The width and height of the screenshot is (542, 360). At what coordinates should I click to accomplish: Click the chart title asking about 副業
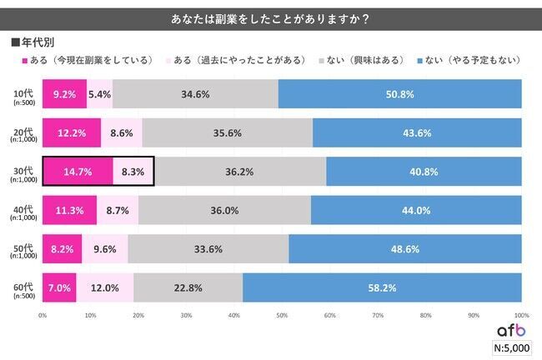tap(271, 17)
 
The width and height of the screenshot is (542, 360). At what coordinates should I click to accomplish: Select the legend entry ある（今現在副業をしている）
tap(84, 61)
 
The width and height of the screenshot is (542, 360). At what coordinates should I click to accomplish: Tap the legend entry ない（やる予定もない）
tap(473, 61)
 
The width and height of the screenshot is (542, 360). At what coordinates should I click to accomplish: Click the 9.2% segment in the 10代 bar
tap(64, 94)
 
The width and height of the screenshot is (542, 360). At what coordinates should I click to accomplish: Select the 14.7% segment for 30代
tap(78, 172)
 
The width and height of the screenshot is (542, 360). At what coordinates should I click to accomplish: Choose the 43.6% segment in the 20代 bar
tap(417, 132)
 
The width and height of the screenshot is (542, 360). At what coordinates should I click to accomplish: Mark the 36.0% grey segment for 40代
tap(224, 210)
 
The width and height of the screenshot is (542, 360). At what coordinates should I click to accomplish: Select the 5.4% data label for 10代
tap(100, 94)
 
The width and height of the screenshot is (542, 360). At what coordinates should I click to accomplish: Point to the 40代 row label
tap(22, 210)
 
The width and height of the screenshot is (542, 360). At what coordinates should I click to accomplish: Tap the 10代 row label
tap(22, 94)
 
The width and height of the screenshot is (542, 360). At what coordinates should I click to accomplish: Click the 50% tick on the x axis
tap(282, 315)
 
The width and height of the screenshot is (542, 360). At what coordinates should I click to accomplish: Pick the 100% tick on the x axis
tap(521, 315)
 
